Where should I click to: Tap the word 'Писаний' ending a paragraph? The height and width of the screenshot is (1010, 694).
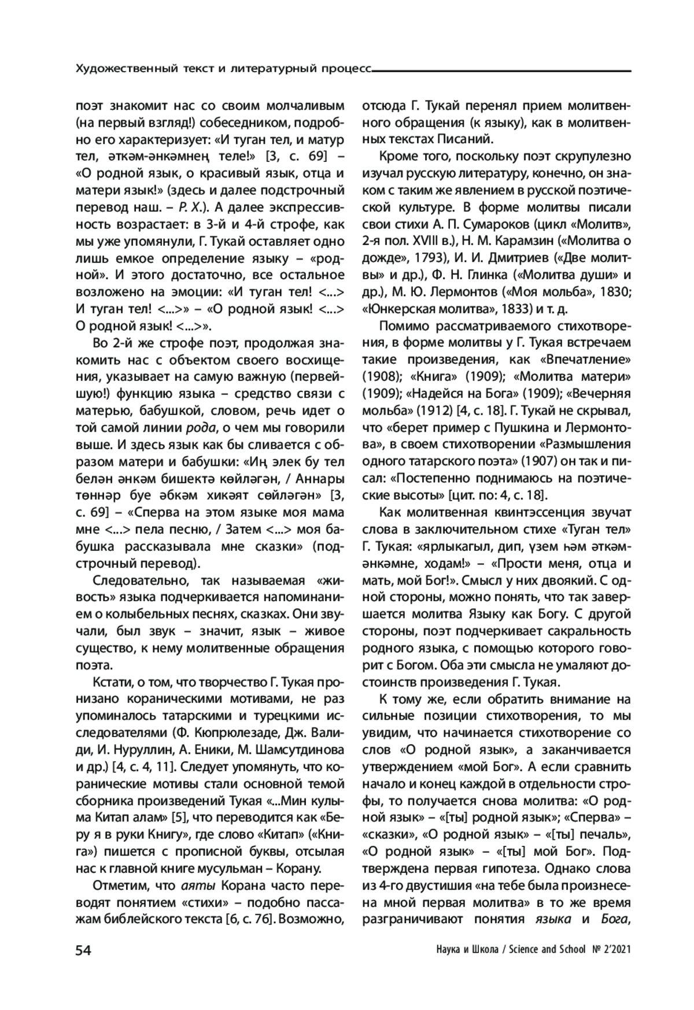click(469, 139)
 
